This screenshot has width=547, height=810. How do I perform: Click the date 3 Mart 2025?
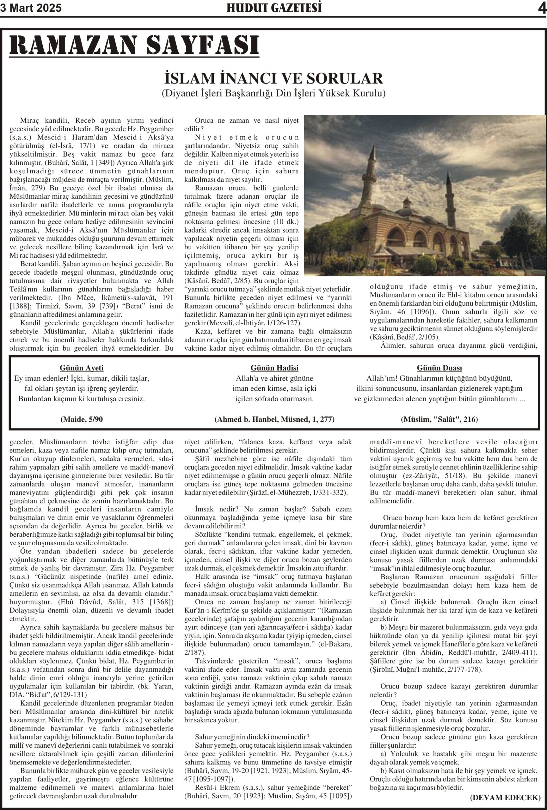31,8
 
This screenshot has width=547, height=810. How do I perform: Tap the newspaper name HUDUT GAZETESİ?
274,8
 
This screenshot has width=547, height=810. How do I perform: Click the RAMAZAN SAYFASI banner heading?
134,45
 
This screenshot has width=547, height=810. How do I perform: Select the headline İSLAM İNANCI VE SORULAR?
274,78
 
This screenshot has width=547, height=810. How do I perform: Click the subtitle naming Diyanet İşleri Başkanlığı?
274,93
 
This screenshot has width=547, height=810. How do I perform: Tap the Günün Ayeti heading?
82,368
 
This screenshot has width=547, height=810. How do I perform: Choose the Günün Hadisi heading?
274,368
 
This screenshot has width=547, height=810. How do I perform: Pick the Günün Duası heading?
439,368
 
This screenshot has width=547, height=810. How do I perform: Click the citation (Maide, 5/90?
82,419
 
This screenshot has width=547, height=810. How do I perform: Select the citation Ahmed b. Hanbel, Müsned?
274,419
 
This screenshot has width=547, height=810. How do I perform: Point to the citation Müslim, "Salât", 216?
439,419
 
